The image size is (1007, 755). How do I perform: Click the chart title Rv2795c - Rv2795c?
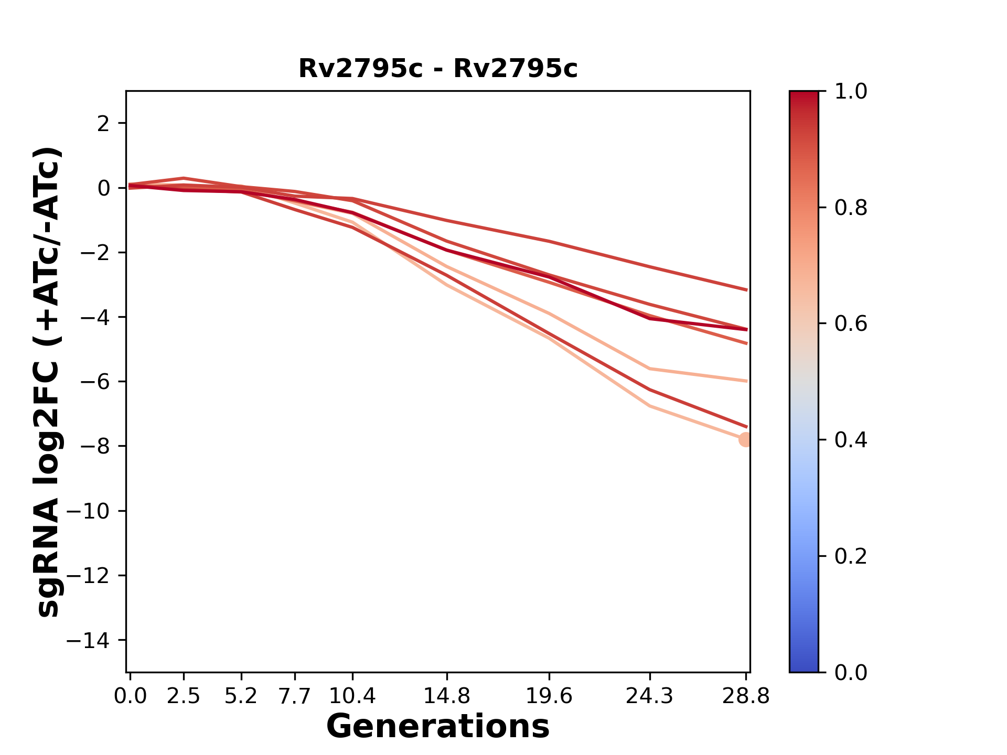438,69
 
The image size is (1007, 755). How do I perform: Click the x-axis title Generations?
438,727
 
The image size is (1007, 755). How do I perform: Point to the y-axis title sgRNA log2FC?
48,381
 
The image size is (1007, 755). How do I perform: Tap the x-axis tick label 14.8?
446,696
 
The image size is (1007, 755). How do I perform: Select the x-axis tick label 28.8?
746,696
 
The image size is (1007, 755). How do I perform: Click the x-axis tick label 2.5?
184,696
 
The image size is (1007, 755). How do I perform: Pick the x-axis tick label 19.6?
549,696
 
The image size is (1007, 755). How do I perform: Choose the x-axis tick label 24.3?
649,696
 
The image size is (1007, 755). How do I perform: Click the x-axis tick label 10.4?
352,696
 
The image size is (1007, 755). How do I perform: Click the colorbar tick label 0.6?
851,324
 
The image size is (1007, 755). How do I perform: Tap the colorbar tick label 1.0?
851,92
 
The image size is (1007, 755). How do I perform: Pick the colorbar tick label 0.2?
851,556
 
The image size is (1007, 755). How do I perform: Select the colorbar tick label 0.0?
851,672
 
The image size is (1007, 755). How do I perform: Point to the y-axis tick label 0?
104,188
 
